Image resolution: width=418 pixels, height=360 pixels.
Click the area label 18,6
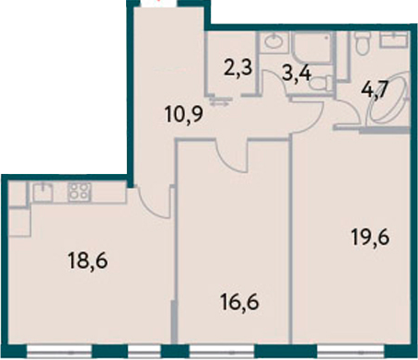tap(88, 261)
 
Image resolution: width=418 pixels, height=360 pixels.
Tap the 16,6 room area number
tap(239, 302)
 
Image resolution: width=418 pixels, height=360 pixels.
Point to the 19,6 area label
tap(370, 238)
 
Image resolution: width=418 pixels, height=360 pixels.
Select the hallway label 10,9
tap(184, 115)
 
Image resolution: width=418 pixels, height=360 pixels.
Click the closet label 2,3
tap(238, 68)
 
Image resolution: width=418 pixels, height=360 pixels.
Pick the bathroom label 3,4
tap(296, 74)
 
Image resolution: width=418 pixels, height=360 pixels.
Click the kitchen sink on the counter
tap(42, 192)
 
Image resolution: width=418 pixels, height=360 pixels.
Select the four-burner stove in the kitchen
tap(79, 192)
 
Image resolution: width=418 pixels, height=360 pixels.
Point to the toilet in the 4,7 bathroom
tap(363, 41)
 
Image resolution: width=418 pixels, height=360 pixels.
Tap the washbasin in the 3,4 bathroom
tap(275, 41)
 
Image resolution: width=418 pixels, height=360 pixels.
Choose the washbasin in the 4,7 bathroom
tap(394, 40)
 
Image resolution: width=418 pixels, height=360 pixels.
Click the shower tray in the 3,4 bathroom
tap(312, 48)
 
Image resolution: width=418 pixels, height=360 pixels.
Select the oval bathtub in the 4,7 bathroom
tap(389, 99)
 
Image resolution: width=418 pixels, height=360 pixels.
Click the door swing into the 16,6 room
tap(233, 159)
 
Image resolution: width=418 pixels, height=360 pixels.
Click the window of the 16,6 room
tap(222, 351)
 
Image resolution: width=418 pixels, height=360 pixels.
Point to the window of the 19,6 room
tap(351, 351)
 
